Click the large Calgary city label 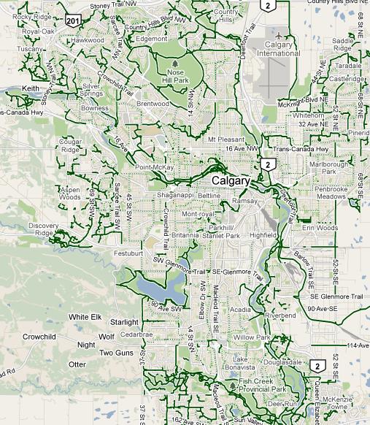(x=231, y=180)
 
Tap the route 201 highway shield (x=72, y=20)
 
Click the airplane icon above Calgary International (x=279, y=34)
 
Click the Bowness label (x=94, y=108)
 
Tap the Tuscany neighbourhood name (x=31, y=49)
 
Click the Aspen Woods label (x=69, y=193)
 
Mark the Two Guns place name (x=115, y=353)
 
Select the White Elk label (x=85, y=317)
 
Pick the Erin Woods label (x=320, y=228)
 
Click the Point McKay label (x=154, y=167)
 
